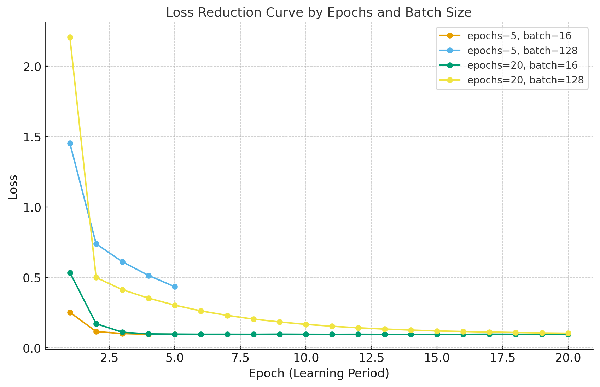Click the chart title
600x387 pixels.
(x=319, y=13)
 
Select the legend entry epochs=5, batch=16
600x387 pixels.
(x=519, y=36)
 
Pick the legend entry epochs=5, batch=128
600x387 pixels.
(x=522, y=51)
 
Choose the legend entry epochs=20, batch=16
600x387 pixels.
(x=522, y=65)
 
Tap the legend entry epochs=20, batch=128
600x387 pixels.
(x=525, y=80)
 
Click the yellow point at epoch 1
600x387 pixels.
(x=70, y=37)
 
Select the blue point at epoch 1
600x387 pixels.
(x=70, y=144)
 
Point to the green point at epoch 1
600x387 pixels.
(x=70, y=273)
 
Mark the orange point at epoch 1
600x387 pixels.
(x=70, y=312)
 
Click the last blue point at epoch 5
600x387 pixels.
(x=175, y=287)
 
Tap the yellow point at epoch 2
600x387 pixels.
(x=96, y=277)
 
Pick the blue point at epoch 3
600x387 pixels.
(x=122, y=262)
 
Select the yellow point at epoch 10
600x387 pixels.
(x=306, y=324)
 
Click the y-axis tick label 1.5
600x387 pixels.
(x=32, y=137)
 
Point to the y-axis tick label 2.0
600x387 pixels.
(x=32, y=67)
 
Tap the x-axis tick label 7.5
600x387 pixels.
(x=240, y=358)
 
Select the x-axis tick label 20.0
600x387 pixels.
(x=568, y=358)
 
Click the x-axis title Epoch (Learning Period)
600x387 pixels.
(x=319, y=374)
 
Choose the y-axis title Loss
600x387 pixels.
(x=13, y=187)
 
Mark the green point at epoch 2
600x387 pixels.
(x=96, y=324)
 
